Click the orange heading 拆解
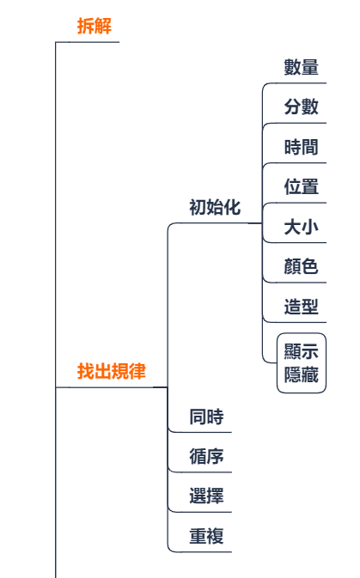(x=95, y=26)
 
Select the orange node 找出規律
(x=112, y=371)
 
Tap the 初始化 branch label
(x=215, y=207)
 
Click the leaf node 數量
(x=301, y=67)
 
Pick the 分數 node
(x=301, y=106)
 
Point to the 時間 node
(x=301, y=147)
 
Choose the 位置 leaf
(x=301, y=186)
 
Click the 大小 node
(x=301, y=227)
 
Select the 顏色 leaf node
(x=301, y=266)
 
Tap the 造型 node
(x=301, y=307)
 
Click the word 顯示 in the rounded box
(x=301, y=351)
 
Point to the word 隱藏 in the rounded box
(x=301, y=374)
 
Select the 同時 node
(x=206, y=417)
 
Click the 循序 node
(x=206, y=456)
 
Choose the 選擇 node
(x=206, y=496)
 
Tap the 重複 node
(x=206, y=536)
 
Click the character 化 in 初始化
(x=232, y=207)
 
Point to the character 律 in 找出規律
(x=137, y=371)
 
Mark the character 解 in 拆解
(x=103, y=26)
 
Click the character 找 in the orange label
(x=86, y=371)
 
